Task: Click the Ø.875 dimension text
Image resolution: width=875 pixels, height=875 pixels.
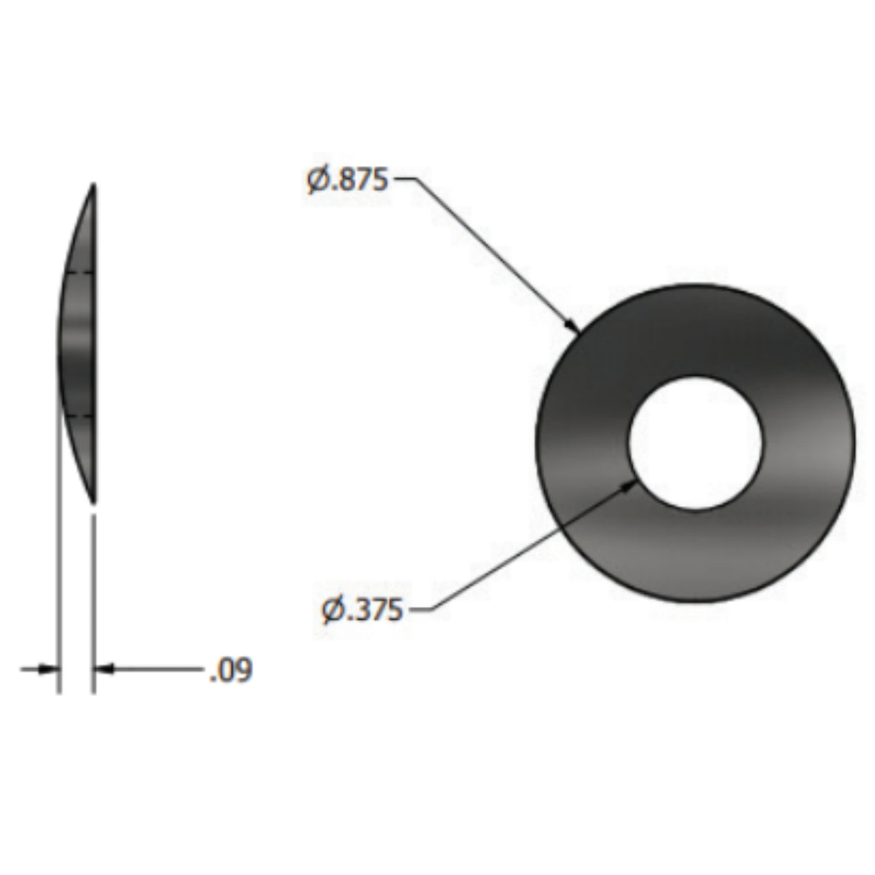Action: (x=347, y=180)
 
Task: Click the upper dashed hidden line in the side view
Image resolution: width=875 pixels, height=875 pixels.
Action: (x=79, y=272)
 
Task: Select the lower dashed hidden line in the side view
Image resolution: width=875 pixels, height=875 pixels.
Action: (x=79, y=417)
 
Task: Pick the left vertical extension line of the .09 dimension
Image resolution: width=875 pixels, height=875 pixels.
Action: (x=58, y=577)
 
